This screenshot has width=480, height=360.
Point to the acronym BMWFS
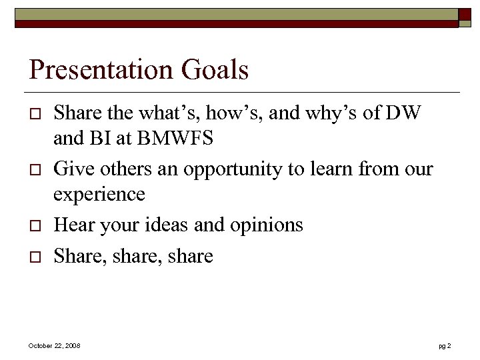click(175, 140)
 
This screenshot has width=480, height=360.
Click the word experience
click(99, 195)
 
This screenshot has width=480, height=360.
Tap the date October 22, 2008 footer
click(55, 346)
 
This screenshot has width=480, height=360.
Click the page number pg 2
click(445, 346)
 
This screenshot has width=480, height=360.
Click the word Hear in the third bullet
click(74, 225)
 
